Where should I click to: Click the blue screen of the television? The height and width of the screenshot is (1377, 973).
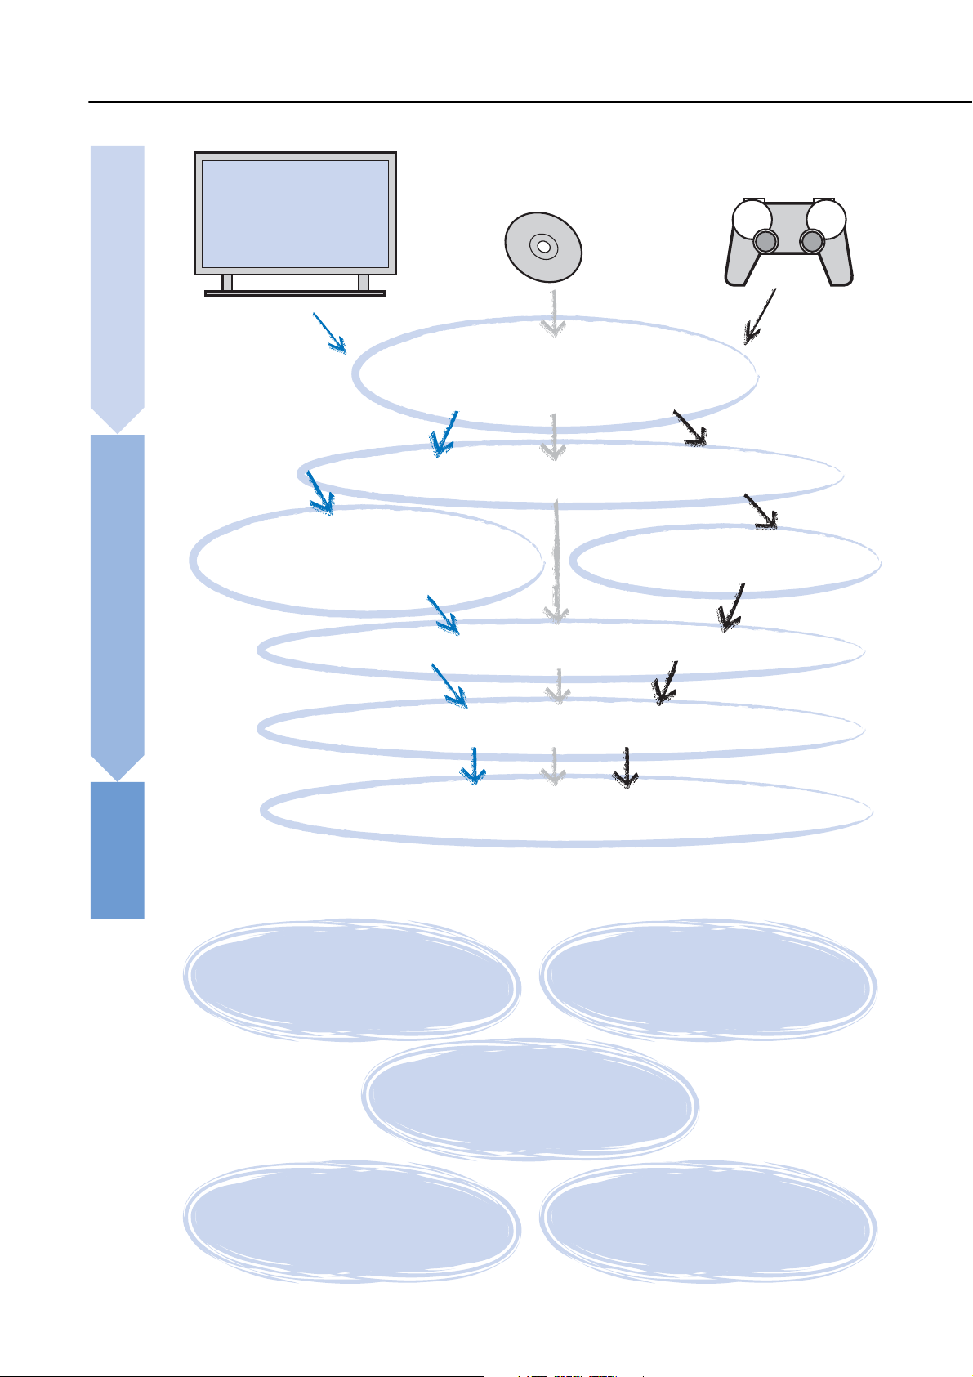[294, 213]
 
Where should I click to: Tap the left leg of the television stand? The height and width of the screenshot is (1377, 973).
[227, 283]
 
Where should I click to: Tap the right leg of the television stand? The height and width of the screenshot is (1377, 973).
[363, 283]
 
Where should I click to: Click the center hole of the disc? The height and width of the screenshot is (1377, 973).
[542, 245]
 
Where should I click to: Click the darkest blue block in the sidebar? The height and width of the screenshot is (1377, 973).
[117, 850]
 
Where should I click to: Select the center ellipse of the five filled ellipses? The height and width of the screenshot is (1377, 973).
[529, 1099]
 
